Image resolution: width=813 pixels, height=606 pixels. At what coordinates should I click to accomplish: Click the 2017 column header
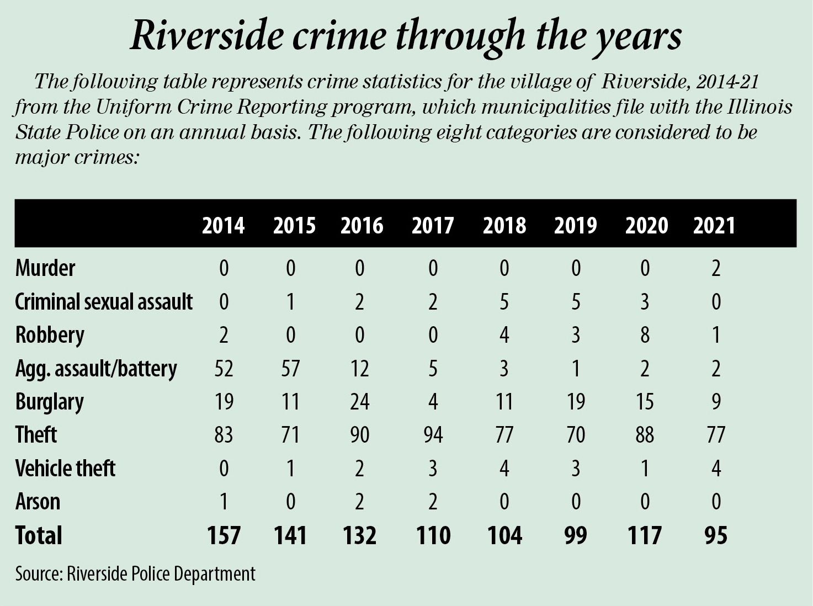point(432,226)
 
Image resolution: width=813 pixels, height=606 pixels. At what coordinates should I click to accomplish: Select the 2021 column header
point(714,226)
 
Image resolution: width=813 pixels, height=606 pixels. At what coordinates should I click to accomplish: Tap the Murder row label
point(45,268)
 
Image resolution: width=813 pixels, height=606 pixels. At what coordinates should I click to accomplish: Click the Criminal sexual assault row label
point(104,302)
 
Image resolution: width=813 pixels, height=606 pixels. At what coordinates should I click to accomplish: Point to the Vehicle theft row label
point(65,469)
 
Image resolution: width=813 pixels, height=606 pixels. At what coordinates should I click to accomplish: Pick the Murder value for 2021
point(716,268)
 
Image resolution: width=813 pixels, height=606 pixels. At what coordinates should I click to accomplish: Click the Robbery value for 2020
point(645,335)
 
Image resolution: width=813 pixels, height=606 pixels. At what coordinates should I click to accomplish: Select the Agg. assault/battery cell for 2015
point(290,368)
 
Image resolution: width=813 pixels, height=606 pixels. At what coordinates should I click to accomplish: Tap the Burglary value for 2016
point(359,402)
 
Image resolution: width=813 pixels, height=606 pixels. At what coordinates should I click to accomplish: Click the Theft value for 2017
point(433,435)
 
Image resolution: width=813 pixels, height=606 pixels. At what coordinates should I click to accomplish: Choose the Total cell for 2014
point(224,535)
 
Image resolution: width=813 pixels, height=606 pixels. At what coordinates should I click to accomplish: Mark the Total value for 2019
point(575,535)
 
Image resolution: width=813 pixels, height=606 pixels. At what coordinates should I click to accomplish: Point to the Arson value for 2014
point(224,502)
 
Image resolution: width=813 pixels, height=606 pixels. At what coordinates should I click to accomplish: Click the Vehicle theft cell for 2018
point(504,469)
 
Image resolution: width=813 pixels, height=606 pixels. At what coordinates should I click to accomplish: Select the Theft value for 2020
point(645,435)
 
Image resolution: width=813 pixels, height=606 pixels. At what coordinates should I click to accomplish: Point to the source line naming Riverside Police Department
point(135,574)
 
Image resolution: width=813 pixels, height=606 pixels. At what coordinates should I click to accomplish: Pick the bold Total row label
point(39,535)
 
